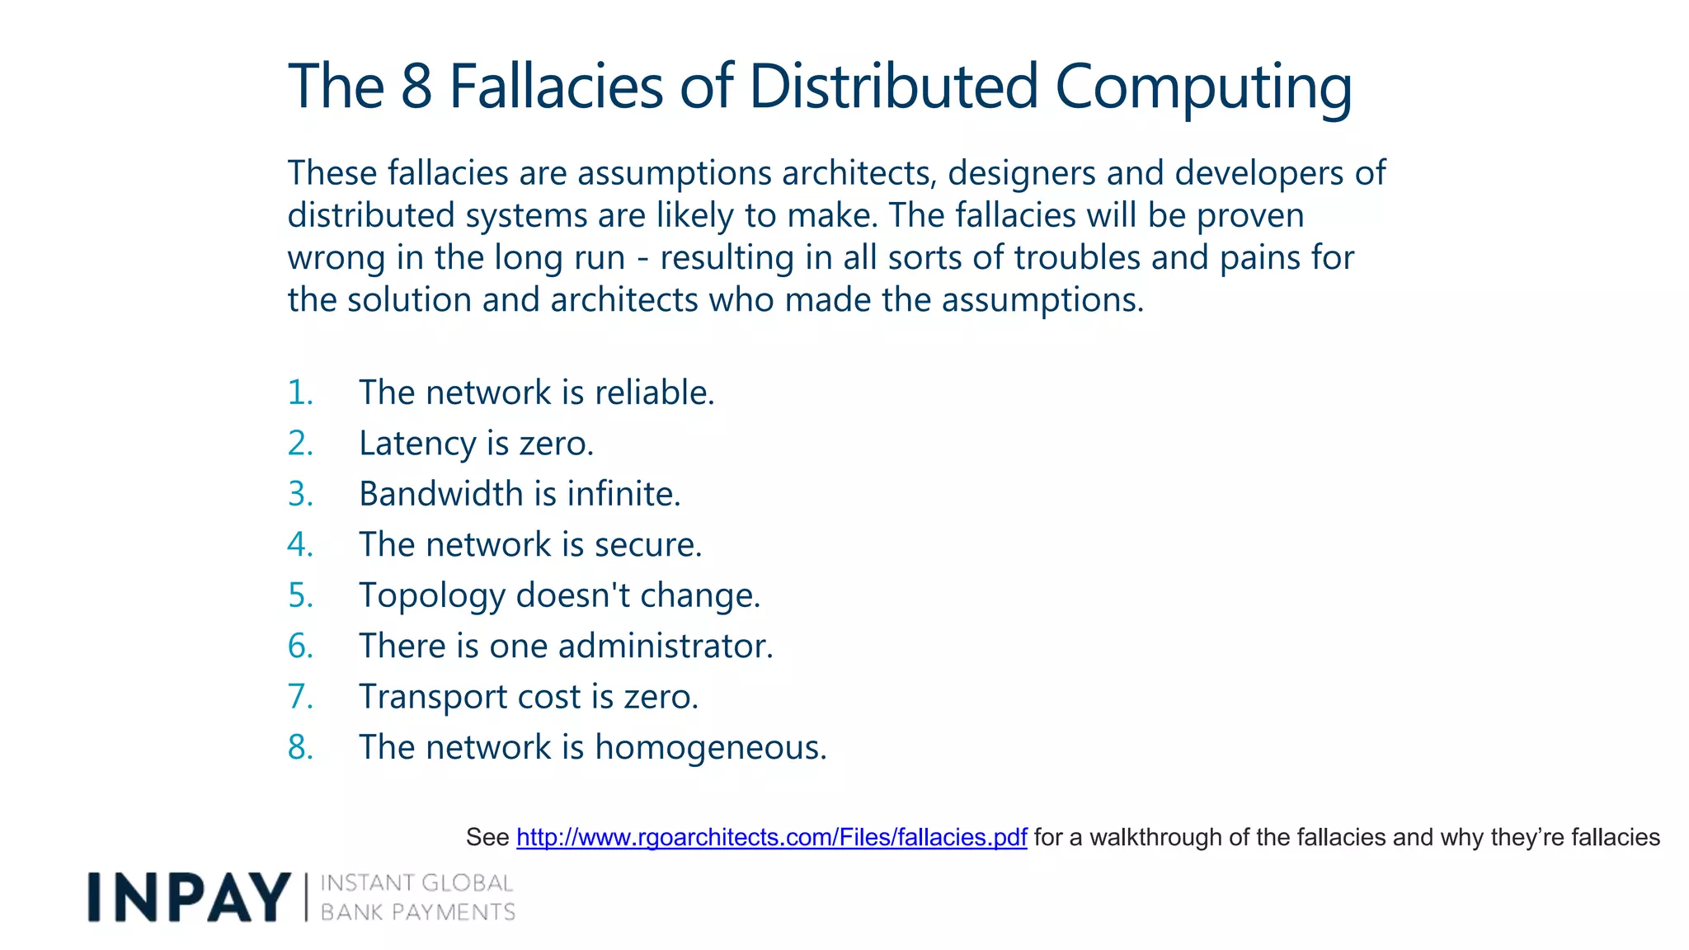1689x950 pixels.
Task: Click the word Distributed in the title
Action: (893, 86)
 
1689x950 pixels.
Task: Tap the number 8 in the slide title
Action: (416, 86)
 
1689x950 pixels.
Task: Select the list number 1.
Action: (300, 393)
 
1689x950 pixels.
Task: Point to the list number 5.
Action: (300, 595)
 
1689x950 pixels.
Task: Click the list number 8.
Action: (300, 747)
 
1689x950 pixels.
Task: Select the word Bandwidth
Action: (441, 494)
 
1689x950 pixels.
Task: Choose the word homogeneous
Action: (710, 748)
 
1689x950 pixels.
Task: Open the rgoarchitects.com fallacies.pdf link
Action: (771, 837)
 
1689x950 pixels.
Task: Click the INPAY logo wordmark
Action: (189, 897)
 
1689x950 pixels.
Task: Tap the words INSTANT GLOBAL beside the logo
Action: (416, 883)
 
